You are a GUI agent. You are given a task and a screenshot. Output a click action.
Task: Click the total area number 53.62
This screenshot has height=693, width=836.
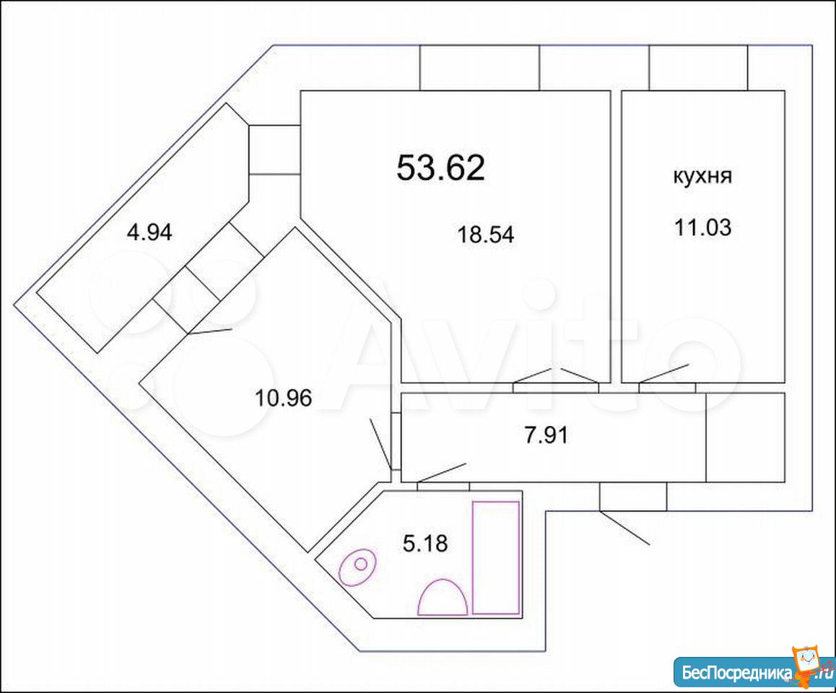(441, 167)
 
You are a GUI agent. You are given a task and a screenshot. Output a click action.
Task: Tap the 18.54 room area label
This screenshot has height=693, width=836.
(486, 235)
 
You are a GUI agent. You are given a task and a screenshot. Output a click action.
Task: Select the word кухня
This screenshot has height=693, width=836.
(702, 176)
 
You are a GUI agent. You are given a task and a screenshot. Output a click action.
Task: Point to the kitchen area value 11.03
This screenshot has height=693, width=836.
(702, 227)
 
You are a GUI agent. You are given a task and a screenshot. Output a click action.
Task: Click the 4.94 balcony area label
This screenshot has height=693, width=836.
(149, 232)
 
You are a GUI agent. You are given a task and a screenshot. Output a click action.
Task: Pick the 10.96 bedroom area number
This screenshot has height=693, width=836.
(284, 398)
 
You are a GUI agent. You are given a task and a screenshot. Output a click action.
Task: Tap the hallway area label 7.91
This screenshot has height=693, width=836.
(546, 435)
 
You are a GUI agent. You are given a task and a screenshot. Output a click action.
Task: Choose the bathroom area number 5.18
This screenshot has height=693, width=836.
(425, 544)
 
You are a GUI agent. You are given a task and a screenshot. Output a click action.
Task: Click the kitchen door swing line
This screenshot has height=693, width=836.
(663, 373)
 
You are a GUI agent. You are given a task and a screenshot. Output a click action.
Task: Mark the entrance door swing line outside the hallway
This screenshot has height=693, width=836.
(624, 528)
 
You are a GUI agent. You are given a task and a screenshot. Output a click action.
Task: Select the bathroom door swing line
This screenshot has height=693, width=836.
(442, 473)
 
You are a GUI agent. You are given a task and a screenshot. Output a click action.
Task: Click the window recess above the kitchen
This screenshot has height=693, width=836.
(698, 68)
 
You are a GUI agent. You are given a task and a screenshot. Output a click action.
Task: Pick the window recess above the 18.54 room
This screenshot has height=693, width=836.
(479, 68)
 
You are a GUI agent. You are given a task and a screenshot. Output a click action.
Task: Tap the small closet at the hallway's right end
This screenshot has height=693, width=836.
(745, 437)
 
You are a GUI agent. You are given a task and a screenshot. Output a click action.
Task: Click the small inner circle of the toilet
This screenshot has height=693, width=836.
(361, 564)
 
